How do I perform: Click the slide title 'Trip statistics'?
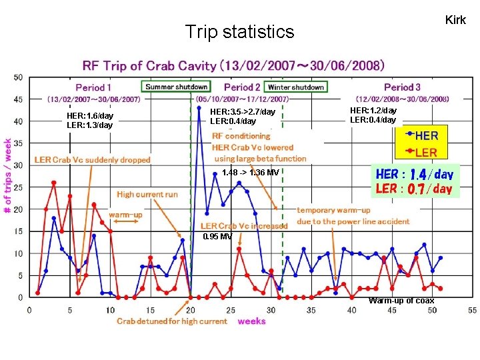[x=239, y=31]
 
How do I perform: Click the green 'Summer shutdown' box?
[x=177, y=87]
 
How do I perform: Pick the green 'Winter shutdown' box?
[x=295, y=87]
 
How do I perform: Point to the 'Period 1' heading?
[x=94, y=87]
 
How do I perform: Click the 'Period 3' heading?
[x=402, y=87]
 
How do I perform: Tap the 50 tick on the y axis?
[x=17, y=77]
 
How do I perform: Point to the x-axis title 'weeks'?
[x=251, y=321]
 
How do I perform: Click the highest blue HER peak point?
[x=199, y=108]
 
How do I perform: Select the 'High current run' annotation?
[x=147, y=194]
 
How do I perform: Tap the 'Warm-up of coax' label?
[x=401, y=301]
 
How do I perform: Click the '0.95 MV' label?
[x=217, y=237]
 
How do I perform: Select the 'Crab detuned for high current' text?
[x=172, y=321]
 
